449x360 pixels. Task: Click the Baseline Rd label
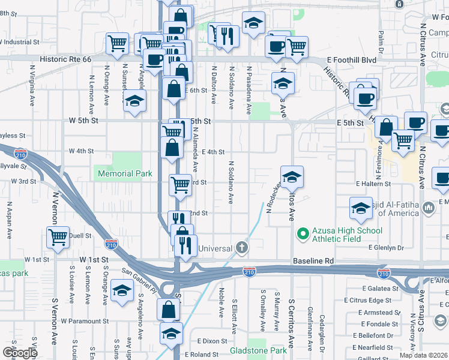click(313, 262)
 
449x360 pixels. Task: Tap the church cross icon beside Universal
click(241, 247)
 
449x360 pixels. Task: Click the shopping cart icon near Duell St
click(58, 237)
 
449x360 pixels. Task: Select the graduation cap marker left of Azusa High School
click(292, 176)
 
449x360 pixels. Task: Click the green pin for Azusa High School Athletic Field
click(303, 232)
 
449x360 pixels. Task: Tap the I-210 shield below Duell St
click(111, 244)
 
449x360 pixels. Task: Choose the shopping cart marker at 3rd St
click(179, 184)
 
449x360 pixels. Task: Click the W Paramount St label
click(85, 321)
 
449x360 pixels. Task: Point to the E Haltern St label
click(373, 184)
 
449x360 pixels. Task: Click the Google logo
click(20, 352)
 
